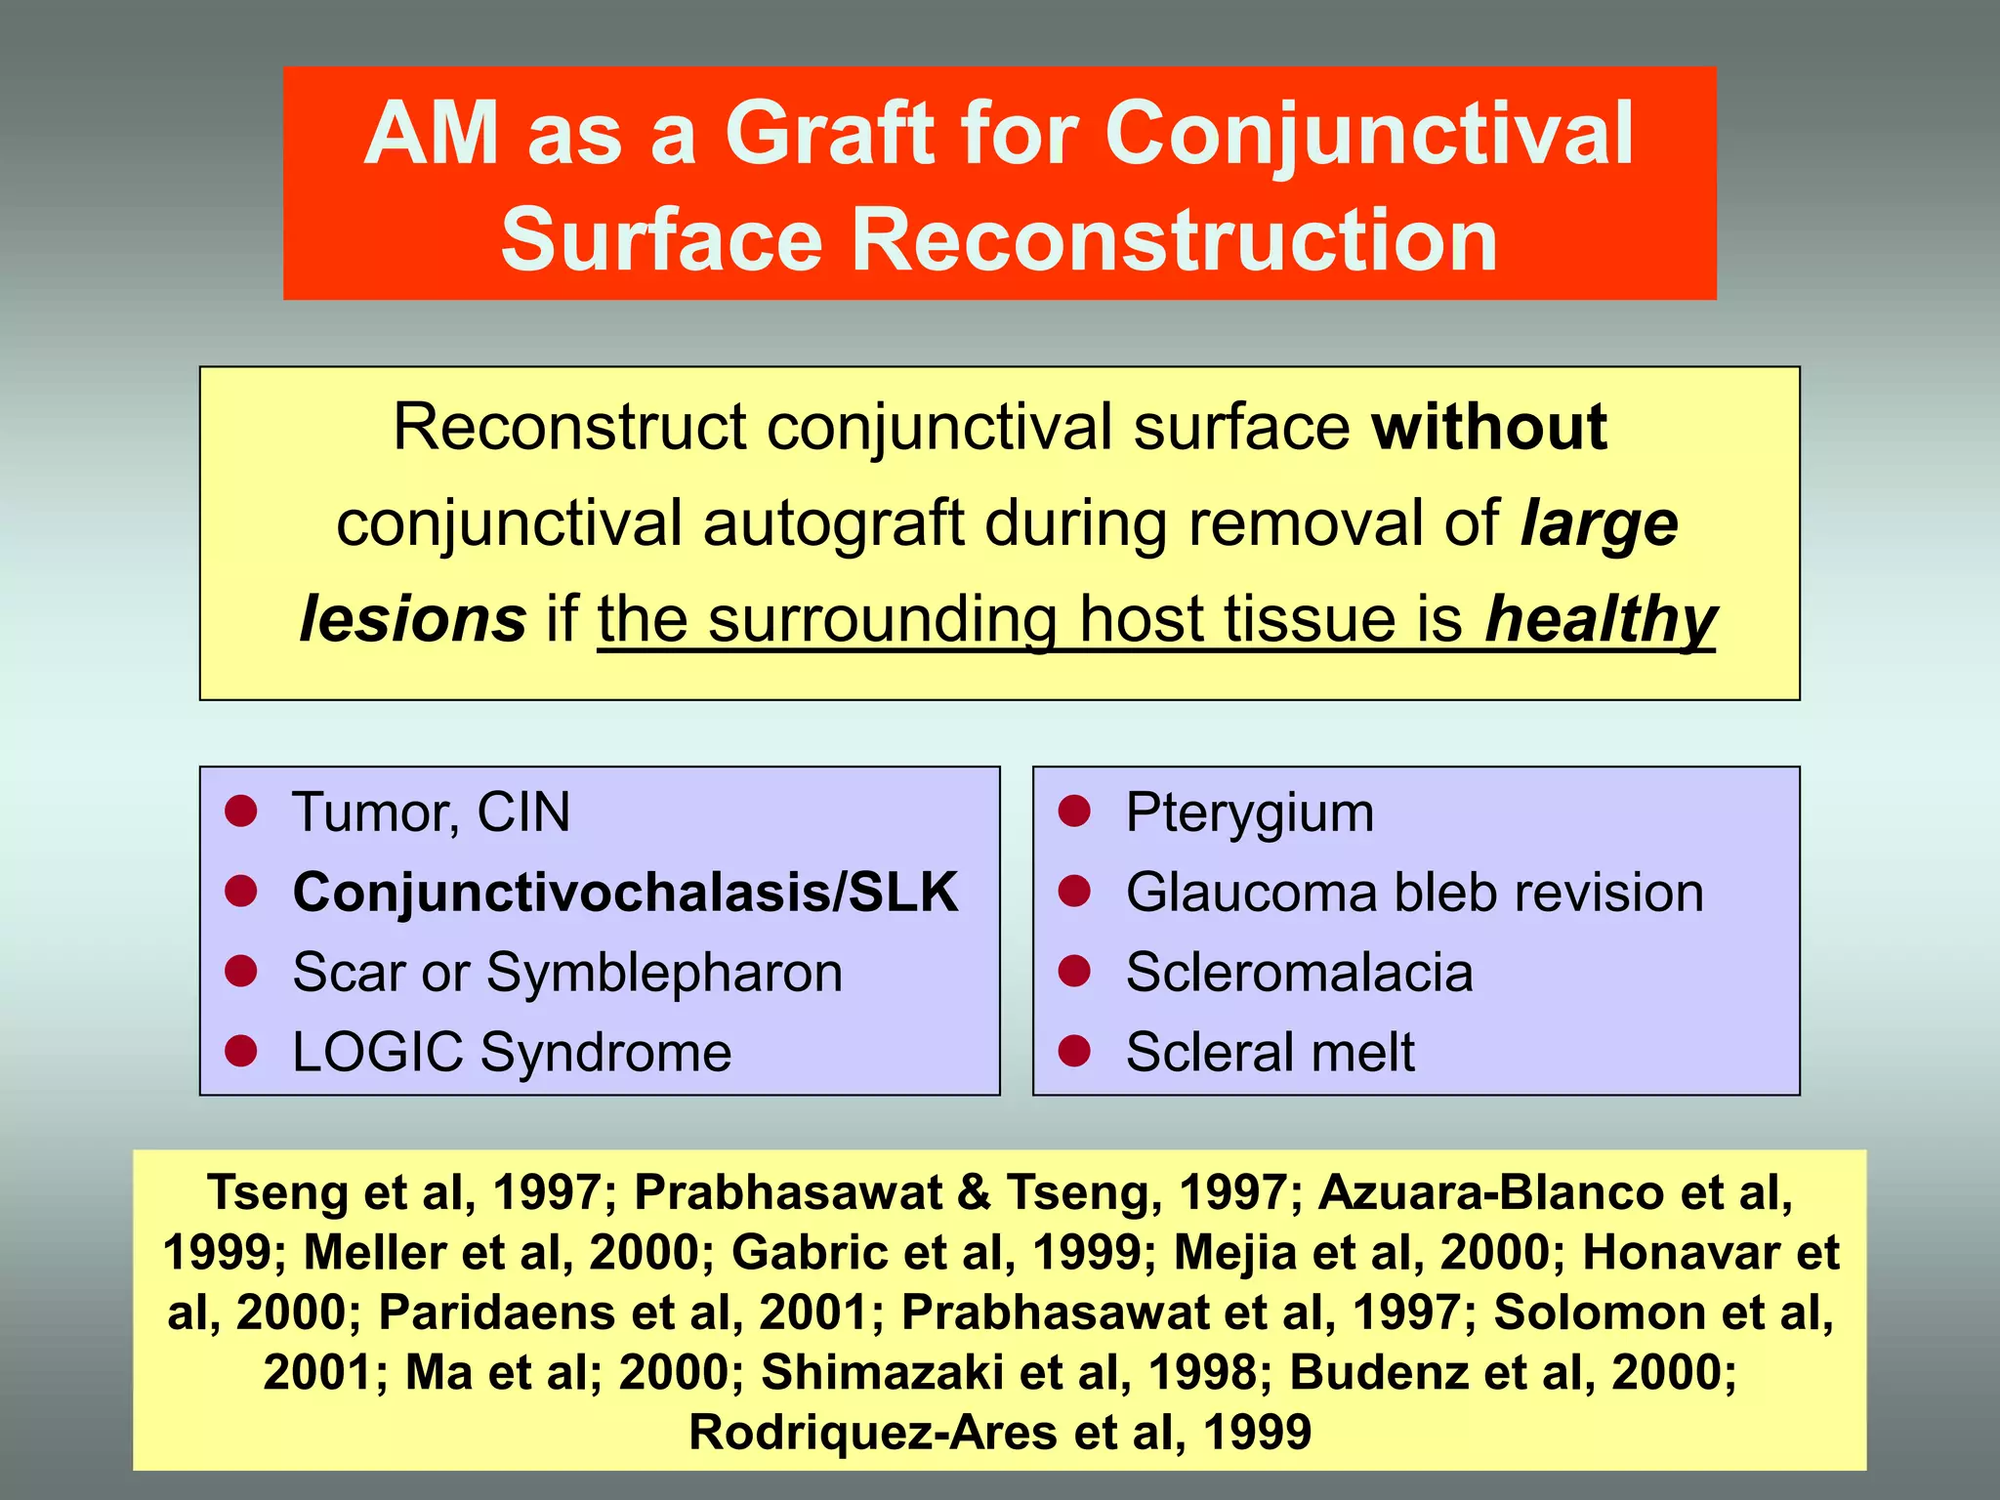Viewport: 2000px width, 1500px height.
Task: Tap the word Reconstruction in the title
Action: (x=1175, y=241)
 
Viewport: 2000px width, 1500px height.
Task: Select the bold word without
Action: (x=1489, y=428)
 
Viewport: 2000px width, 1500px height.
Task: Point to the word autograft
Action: (x=834, y=524)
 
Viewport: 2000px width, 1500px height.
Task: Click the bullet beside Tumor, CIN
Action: (x=240, y=811)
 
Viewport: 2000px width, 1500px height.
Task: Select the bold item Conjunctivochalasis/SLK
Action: (x=625, y=892)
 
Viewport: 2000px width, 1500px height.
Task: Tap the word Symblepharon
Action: (x=664, y=973)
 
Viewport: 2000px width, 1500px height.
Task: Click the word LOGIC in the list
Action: (x=377, y=1053)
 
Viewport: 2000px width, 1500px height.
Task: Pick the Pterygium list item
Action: (x=1249, y=812)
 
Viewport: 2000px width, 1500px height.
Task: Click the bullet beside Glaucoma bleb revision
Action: (x=1074, y=891)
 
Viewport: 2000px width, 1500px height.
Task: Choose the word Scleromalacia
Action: (x=1299, y=973)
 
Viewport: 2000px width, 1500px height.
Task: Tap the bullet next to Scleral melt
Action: (x=1074, y=1051)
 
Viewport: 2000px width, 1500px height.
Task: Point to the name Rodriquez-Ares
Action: (x=873, y=1433)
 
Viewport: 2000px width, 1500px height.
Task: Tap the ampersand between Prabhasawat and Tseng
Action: (x=974, y=1193)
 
